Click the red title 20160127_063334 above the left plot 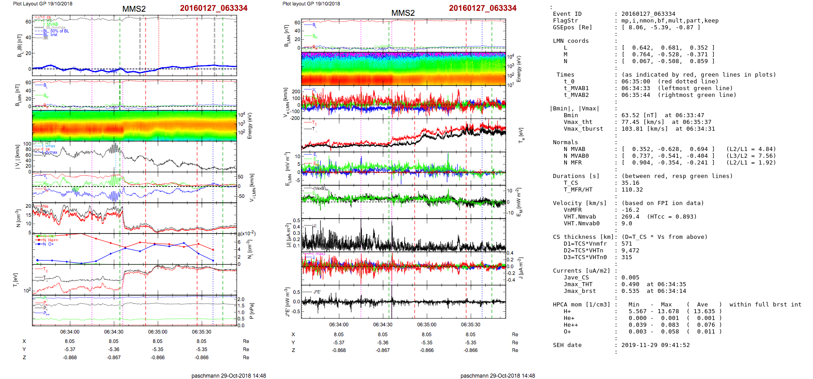[x=214, y=8]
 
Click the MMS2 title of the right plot [x=403, y=13]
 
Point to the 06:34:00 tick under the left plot [x=70, y=332]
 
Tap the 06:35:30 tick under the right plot [x=470, y=324]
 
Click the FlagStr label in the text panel [x=565, y=21]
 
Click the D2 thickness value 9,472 [x=630, y=251]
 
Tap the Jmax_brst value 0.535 [x=630, y=291]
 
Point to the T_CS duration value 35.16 [x=630, y=183]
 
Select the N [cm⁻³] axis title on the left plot [x=18, y=218]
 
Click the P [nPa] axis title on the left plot [x=252, y=311]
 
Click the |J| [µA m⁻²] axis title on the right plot [x=287, y=235]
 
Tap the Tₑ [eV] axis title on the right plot [x=521, y=135]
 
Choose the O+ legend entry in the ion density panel [x=51, y=244]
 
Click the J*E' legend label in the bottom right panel [x=317, y=292]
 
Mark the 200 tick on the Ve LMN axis [x=296, y=91]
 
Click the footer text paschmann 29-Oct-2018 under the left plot [x=228, y=375]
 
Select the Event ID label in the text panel [x=567, y=14]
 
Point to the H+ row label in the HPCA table [x=567, y=311]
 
